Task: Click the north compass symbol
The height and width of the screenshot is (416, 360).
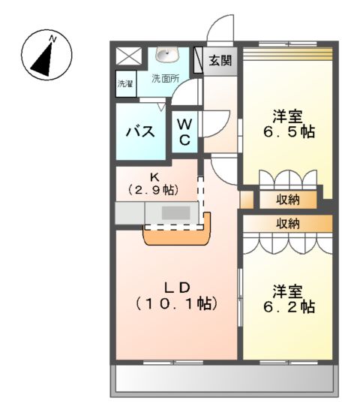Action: [46, 55]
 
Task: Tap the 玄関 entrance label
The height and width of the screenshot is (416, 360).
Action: [220, 61]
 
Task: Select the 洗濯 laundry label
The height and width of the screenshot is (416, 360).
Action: [125, 84]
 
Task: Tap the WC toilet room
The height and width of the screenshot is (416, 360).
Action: [185, 131]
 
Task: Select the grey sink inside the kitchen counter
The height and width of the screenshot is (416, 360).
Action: [175, 213]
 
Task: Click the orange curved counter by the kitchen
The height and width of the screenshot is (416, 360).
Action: [177, 236]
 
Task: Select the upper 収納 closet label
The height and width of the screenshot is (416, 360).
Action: [288, 200]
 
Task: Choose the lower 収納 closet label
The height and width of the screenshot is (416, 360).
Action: [288, 223]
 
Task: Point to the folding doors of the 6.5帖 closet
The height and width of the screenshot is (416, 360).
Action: [288, 182]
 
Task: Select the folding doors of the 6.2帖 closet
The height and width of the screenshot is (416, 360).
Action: [288, 243]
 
